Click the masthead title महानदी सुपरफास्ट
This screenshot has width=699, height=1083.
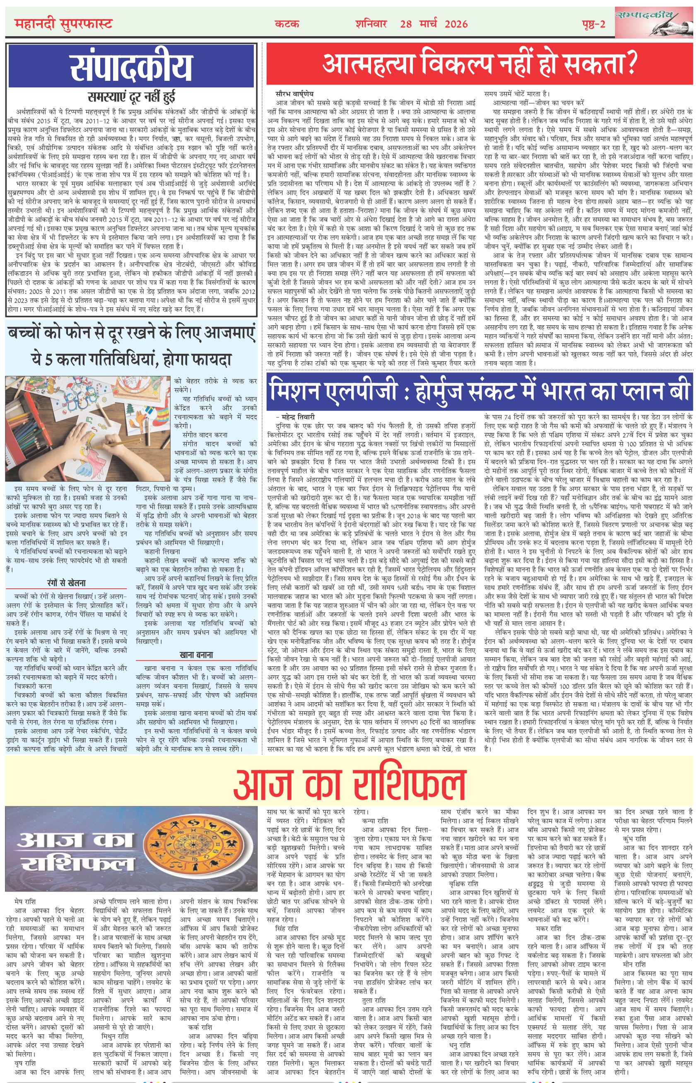(x=63, y=24)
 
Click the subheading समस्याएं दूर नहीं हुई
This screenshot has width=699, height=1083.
(x=131, y=97)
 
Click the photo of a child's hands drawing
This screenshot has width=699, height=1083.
(x=88, y=429)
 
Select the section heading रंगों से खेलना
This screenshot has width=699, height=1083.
(x=66, y=583)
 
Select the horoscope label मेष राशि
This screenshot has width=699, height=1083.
(x=25, y=902)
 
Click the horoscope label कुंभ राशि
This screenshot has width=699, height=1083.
(x=634, y=839)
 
